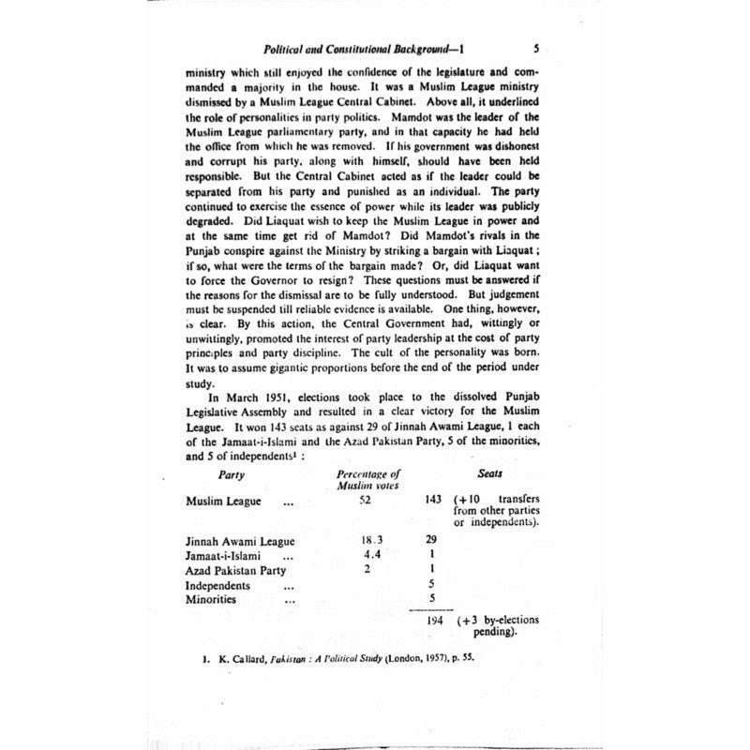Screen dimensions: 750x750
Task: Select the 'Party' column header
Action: pyautogui.click(x=231, y=474)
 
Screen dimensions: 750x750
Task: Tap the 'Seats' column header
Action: pyautogui.click(x=490, y=474)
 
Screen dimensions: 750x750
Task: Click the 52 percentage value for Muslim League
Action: pyautogui.click(x=366, y=500)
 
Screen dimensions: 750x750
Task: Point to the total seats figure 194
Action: pyautogui.click(x=432, y=621)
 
